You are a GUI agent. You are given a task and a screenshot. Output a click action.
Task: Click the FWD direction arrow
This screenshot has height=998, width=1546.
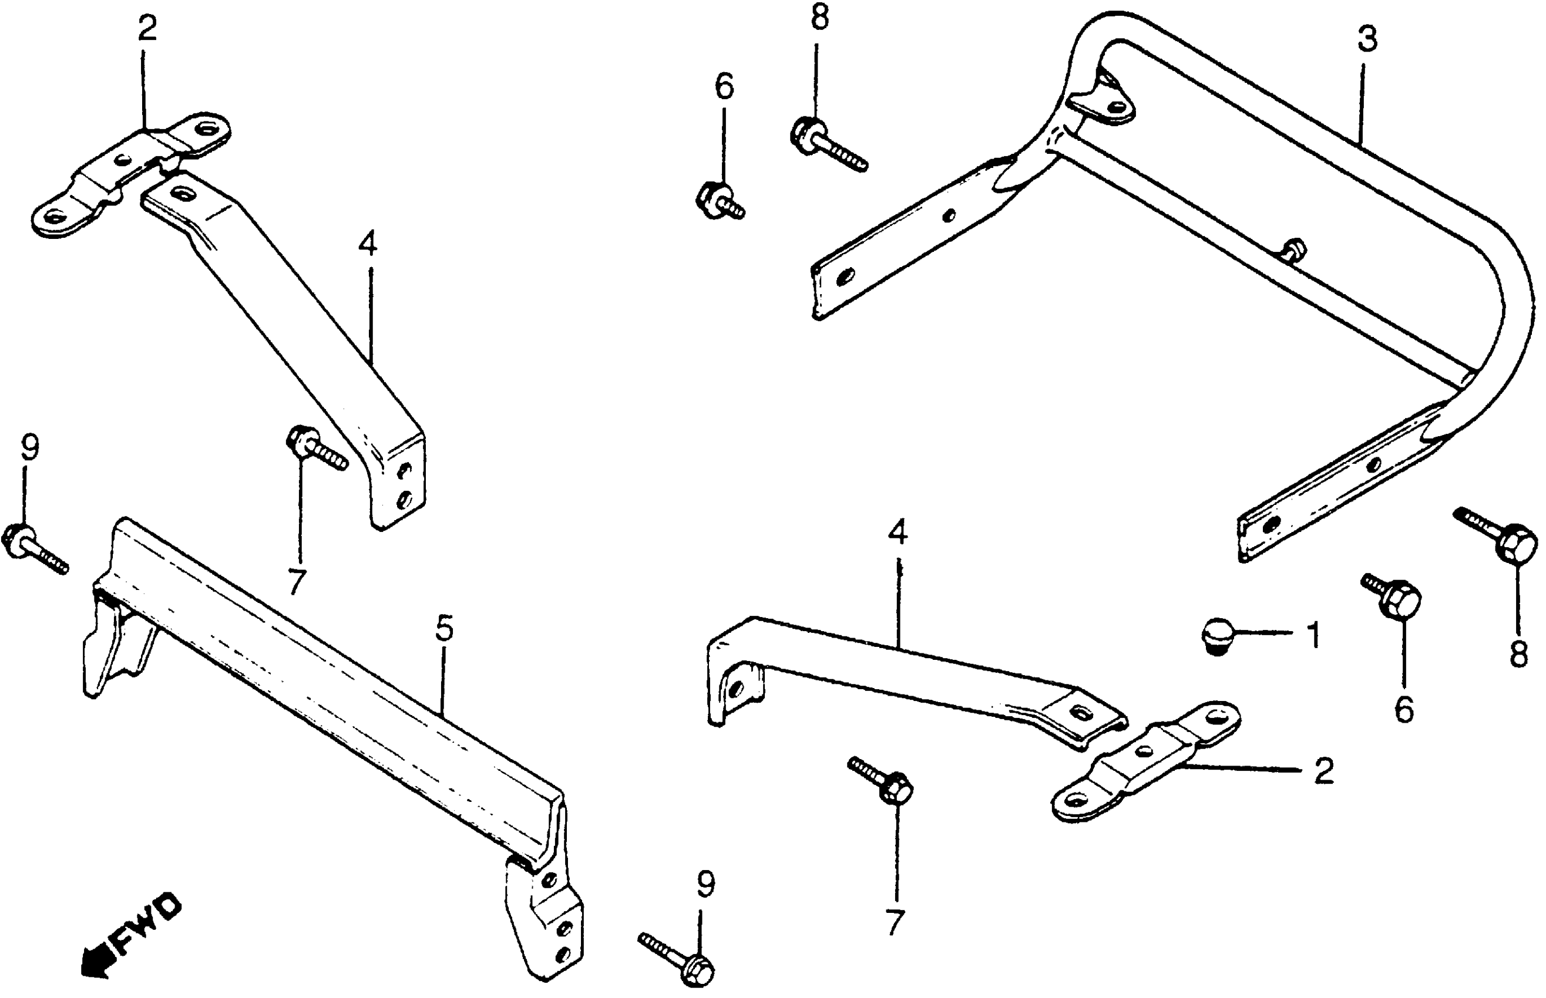coord(133,936)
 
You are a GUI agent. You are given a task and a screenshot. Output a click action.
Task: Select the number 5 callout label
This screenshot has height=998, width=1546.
coord(444,629)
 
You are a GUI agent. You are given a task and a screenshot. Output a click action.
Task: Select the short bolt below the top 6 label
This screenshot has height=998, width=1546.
coord(720,199)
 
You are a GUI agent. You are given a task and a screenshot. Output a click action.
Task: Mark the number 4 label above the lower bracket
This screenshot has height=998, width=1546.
coord(897,532)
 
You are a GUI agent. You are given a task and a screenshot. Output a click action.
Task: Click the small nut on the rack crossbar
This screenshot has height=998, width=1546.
coord(1294,249)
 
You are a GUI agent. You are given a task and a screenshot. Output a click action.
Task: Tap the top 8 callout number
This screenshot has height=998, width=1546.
coord(819,18)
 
